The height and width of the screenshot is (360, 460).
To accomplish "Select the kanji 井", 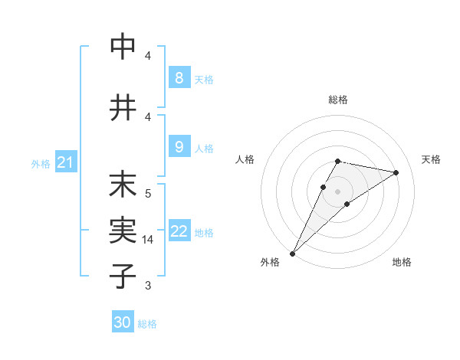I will pos(123,107).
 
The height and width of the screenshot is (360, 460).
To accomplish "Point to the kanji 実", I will pos(123,229).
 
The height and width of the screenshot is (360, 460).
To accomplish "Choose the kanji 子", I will pos(123,276).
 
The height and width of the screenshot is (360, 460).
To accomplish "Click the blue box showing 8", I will pos(179,77).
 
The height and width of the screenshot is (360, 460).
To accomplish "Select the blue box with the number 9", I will pos(179,147).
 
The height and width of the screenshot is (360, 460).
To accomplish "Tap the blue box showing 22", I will pos(179,232).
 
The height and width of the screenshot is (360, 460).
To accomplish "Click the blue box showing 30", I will pos(123,322).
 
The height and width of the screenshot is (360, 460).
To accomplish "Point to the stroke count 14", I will pos(149,240).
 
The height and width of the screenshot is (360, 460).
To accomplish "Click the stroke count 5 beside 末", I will pos(148,193).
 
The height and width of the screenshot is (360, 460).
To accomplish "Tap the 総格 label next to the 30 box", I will pos(147,324).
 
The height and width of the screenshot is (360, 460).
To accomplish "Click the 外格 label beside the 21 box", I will pos(40,164).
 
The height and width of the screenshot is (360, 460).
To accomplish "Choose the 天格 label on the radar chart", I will pos(431,159).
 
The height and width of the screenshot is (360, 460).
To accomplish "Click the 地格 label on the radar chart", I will pos(402,262).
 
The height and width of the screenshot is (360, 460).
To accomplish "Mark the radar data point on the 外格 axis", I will pos(292,253).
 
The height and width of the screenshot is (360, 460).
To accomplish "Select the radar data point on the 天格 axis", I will pos(396,172).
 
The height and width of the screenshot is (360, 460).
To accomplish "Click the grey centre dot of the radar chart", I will pos(337,191).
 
